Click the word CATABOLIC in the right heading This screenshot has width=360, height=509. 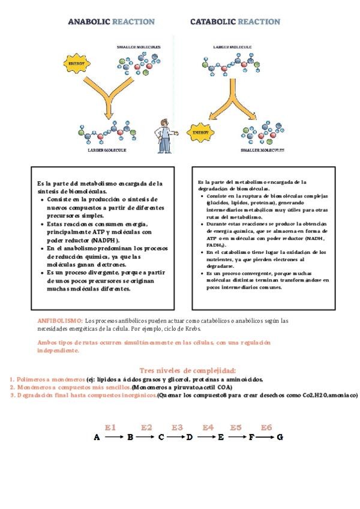pos(213,22)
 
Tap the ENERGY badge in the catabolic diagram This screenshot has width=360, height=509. pos(200,131)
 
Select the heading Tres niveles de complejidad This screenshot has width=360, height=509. pos(187,370)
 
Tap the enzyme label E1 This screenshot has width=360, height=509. pos(110,427)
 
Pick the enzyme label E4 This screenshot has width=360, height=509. pos(208,427)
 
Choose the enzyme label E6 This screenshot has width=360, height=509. pos(266,427)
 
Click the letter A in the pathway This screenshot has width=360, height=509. pos(97,438)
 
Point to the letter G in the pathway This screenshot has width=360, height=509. pos(280,438)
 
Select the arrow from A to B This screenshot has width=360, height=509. pos(113,438)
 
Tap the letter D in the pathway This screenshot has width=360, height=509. pos(189,438)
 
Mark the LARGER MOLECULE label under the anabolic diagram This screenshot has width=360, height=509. pos(107,150)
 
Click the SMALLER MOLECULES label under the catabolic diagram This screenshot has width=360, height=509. pos(262,150)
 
